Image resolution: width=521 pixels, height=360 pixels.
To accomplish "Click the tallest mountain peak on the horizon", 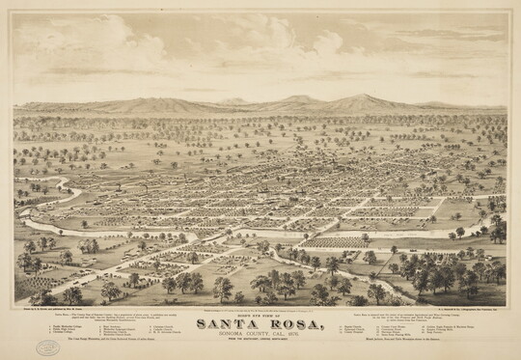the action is (x=362, y=97).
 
